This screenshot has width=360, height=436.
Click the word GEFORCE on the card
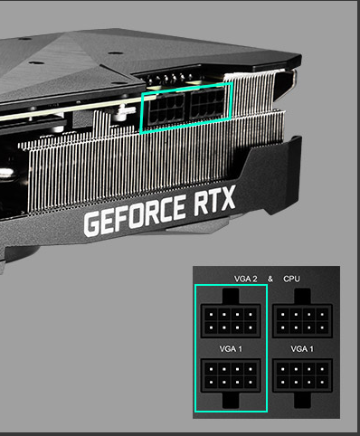[x=135, y=215]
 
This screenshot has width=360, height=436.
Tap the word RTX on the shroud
[x=214, y=200]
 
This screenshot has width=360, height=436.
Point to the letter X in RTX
[x=226, y=198]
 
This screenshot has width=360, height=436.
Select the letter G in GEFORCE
[x=92, y=224]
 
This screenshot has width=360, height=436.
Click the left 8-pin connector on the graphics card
[x=166, y=109]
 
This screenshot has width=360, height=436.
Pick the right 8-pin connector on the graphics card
[x=207, y=104]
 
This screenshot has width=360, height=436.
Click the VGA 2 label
[x=246, y=279]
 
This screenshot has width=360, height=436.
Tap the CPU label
[x=291, y=279]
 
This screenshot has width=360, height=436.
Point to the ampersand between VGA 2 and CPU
[x=270, y=279]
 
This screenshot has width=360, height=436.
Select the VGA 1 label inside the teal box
[x=231, y=349]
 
